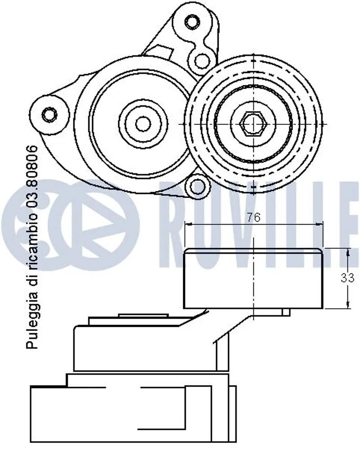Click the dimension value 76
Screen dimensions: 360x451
(254, 217)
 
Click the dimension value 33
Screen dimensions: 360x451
(347, 278)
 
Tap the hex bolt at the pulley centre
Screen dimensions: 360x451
(253, 123)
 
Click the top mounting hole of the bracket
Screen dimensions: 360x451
(192, 22)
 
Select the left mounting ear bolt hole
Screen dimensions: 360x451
(49, 114)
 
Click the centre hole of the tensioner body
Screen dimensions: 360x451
(143, 123)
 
